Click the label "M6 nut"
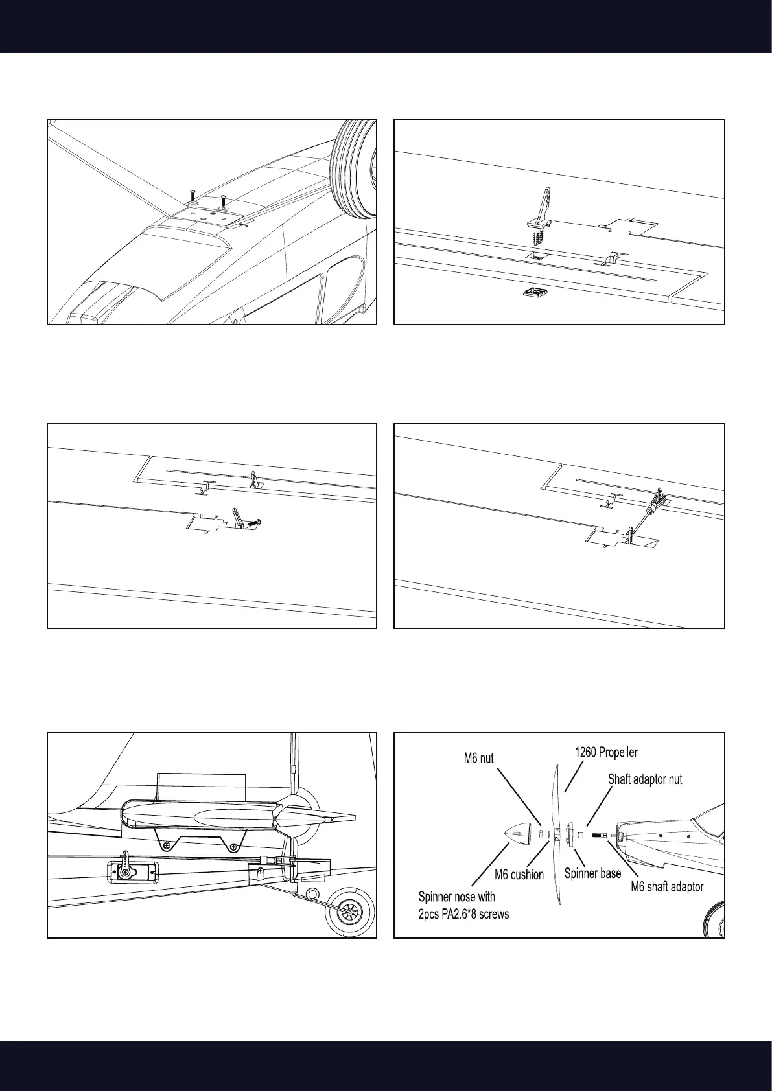[478, 758]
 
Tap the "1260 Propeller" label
[606, 752]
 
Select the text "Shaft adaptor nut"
[644, 779]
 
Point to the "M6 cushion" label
[519, 875]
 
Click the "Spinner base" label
[592, 873]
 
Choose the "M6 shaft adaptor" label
[667, 886]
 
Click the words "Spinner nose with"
[457, 897]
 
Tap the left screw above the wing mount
[193, 198]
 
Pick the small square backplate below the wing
[533, 294]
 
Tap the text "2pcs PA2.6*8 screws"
[464, 914]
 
